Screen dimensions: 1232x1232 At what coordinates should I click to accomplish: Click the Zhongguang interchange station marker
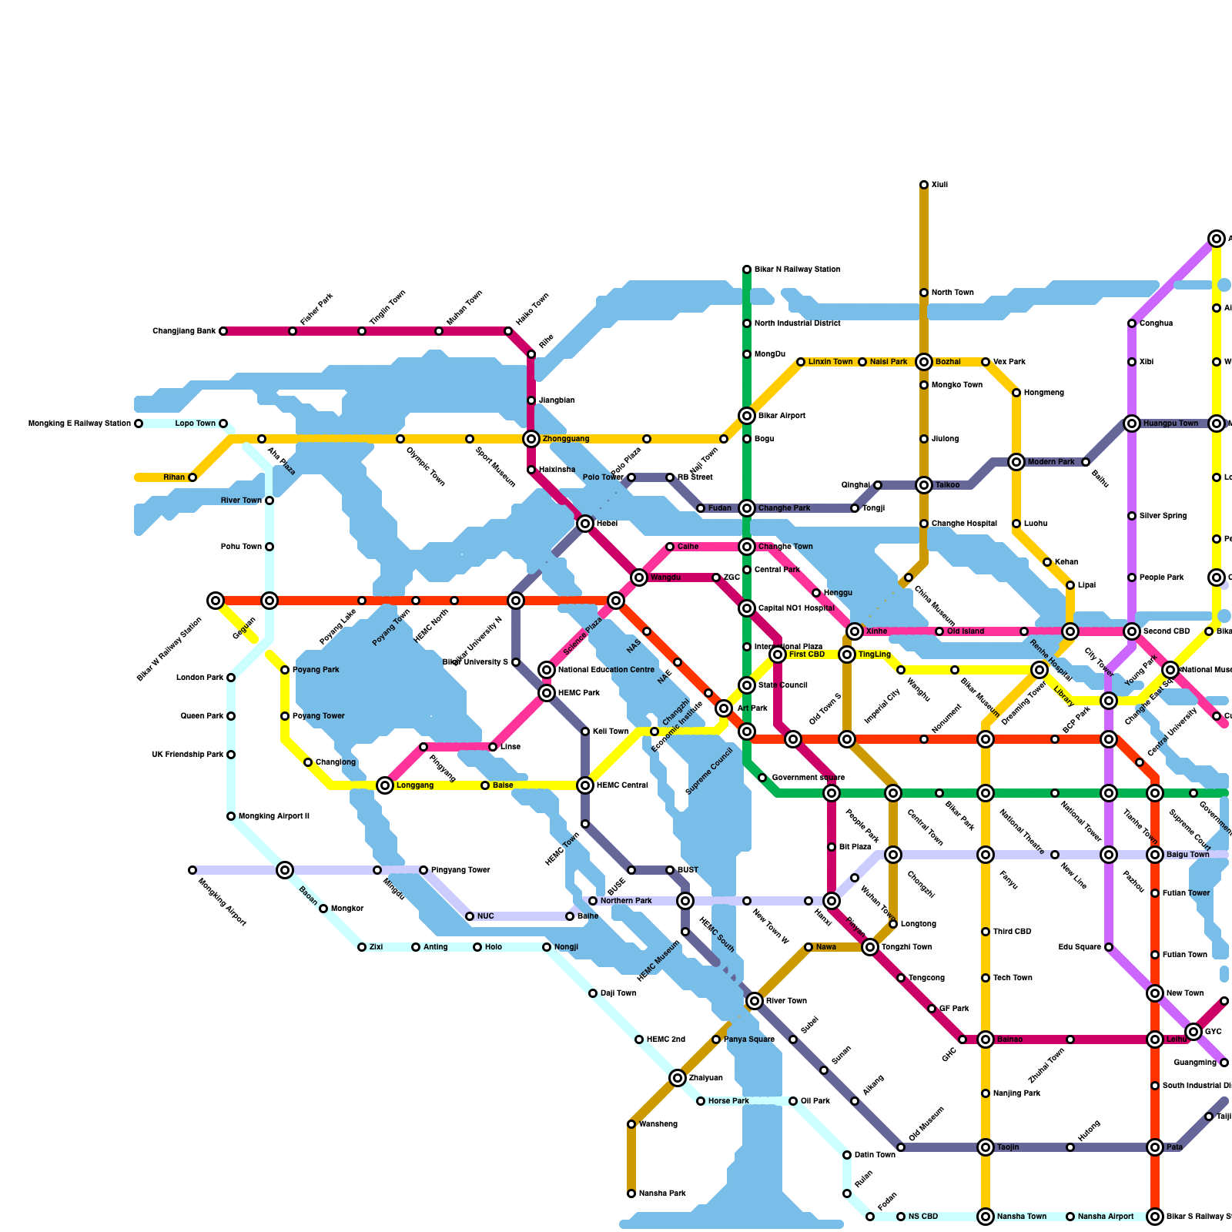point(531,439)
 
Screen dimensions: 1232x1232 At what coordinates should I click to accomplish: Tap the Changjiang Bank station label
point(184,331)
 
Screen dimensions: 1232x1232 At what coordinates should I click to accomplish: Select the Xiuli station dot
point(924,185)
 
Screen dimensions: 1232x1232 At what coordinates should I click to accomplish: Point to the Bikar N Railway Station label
point(797,269)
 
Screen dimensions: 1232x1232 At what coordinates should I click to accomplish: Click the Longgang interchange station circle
point(385,785)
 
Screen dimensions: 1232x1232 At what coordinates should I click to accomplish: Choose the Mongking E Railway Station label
point(79,423)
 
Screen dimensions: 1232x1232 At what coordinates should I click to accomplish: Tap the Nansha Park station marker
point(631,1193)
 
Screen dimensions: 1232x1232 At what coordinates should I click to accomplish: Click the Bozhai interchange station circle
point(924,362)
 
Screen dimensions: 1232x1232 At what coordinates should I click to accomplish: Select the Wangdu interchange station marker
point(639,577)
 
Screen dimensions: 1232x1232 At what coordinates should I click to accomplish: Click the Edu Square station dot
point(1109,947)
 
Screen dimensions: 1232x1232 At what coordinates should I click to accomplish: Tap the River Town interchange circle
point(755,1001)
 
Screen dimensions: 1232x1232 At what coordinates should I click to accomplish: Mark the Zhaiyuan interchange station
point(678,1078)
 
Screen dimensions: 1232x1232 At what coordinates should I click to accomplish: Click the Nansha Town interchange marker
point(986,1217)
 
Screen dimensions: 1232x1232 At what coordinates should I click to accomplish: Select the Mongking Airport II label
point(273,816)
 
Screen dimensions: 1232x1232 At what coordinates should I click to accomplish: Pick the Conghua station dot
point(1132,323)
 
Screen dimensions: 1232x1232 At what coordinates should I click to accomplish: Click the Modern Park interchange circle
point(1016,462)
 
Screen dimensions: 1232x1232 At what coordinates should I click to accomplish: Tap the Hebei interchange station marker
point(585,524)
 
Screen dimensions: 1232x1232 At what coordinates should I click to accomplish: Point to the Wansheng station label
point(658,1124)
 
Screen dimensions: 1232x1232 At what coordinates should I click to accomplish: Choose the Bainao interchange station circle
point(986,1039)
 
